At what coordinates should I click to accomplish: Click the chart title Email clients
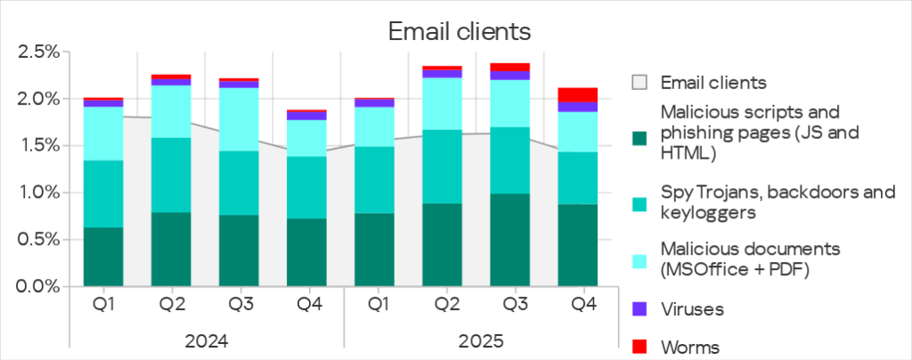[x=459, y=31]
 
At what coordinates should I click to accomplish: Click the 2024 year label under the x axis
[x=206, y=342]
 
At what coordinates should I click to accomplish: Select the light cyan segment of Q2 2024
[x=171, y=111]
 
